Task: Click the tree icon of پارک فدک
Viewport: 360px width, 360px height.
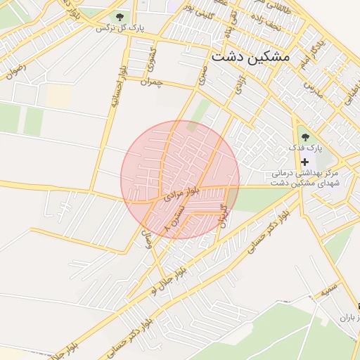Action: click(304, 136)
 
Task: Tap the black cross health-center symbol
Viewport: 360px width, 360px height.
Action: click(304, 162)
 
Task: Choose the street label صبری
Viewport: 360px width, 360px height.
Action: click(202, 76)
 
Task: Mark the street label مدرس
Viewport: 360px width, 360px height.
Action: click(312, 88)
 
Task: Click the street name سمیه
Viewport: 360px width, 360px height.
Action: click(330, 288)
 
